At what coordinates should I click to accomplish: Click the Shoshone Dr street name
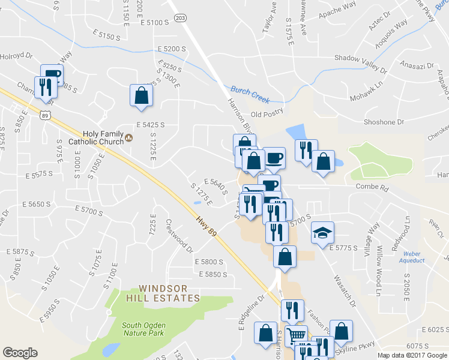[384, 122]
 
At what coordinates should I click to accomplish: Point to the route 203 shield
[181, 19]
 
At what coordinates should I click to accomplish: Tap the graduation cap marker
[323, 232]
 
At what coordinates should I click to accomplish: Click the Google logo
[20, 353]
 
